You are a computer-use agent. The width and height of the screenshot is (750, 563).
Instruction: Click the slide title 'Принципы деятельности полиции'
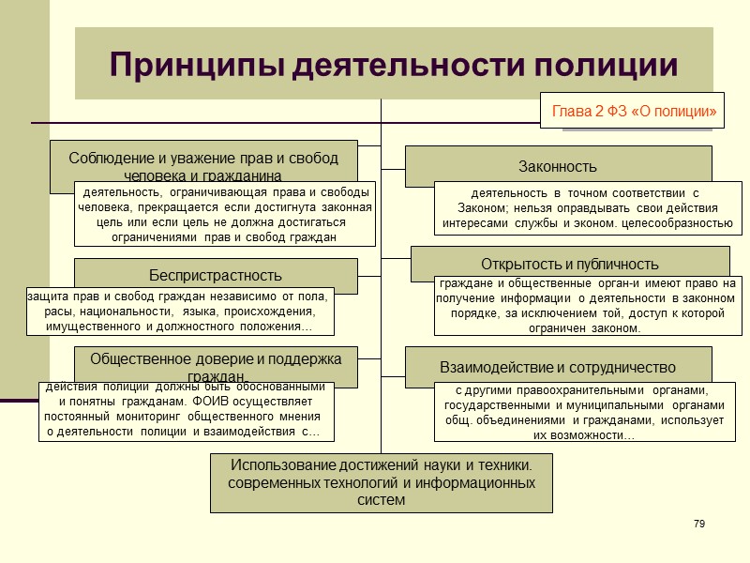393,65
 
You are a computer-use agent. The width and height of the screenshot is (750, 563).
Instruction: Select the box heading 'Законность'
558,167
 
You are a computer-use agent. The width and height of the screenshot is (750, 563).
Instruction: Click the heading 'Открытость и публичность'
570,264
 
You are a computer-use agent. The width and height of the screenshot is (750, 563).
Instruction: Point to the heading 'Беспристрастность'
216,275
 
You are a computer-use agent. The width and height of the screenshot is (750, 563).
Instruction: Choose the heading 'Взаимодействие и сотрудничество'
558,366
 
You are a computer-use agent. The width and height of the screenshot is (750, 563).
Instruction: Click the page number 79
698,523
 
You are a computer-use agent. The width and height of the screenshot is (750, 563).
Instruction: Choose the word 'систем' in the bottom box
382,499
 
